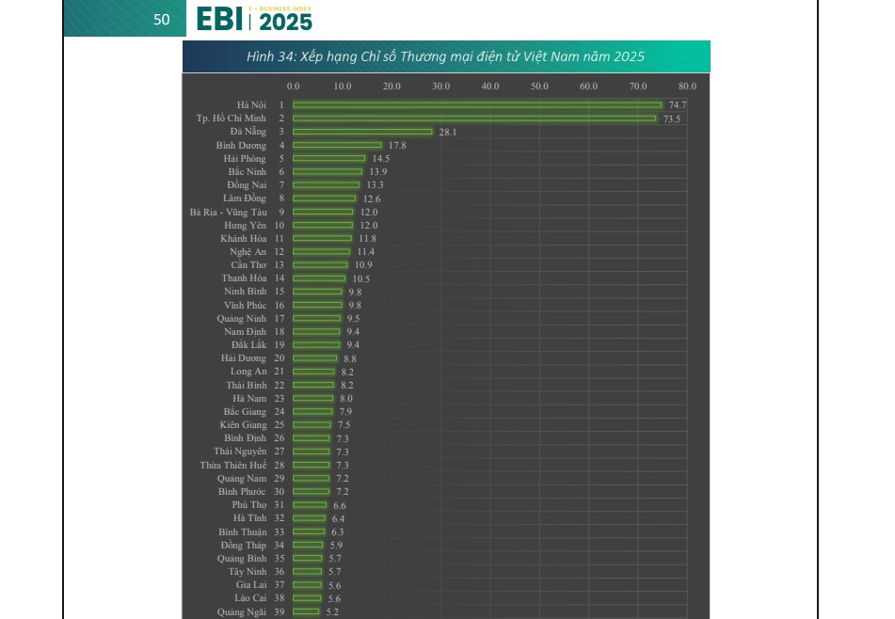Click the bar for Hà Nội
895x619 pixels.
(477, 104)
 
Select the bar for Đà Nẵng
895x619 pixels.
(362, 132)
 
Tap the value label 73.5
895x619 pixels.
(671, 119)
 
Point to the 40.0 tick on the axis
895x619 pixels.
(490, 87)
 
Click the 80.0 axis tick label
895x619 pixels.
(687, 87)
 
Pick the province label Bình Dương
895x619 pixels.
(241, 145)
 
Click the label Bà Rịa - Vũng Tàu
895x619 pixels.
(228, 212)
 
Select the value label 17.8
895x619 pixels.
(397, 145)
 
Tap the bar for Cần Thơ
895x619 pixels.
(320, 265)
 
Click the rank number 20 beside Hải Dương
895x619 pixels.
(280, 358)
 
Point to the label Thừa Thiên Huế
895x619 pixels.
(232, 465)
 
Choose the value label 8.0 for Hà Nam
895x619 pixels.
(346, 399)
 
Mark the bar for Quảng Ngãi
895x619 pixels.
(306, 611)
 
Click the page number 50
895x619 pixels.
(162, 19)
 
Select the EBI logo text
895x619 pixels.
(219, 19)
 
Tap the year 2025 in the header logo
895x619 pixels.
(284, 22)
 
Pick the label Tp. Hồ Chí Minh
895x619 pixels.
(231, 119)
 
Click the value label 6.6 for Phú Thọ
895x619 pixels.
(339, 505)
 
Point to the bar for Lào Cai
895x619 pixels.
(307, 598)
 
